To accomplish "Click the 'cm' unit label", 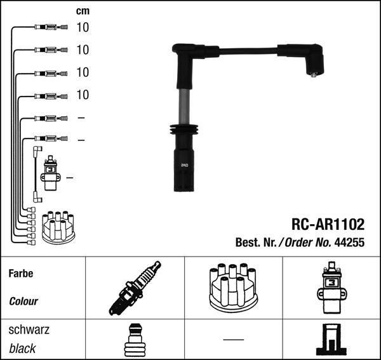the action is [x=83, y=11].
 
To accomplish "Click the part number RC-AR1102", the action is [x=328, y=224].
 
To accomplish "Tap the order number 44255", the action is [x=349, y=242].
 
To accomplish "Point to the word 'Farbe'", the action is [x=21, y=274].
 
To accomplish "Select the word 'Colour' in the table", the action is [x=23, y=301].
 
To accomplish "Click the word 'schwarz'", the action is [x=29, y=330].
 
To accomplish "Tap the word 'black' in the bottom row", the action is [x=22, y=349].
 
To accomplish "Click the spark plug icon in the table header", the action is [x=135, y=288].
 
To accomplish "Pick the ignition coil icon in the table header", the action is [x=331, y=288].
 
